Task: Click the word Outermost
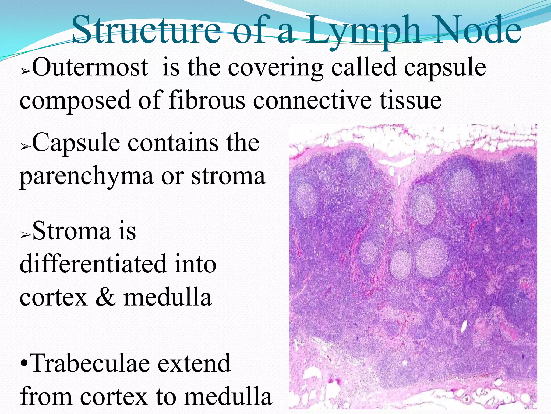[x=90, y=67]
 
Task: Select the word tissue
[x=410, y=100]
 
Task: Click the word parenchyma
[x=86, y=177]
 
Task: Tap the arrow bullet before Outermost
[x=25, y=72]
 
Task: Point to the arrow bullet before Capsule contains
[x=25, y=147]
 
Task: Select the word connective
[x=312, y=100]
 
